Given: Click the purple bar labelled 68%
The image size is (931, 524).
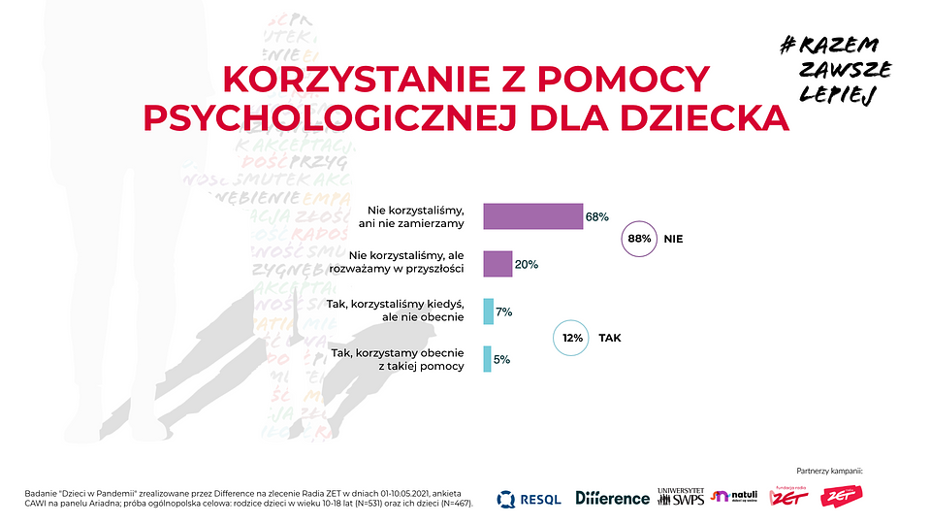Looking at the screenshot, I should pyautogui.click(x=532, y=216).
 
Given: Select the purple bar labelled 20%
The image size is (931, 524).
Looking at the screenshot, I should pyautogui.click(x=498, y=264).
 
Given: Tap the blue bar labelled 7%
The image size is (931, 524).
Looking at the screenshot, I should pyautogui.click(x=488, y=311).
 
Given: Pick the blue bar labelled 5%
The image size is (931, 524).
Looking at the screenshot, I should pyautogui.click(x=487, y=359).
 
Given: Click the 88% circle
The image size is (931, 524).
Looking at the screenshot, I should pyautogui.click(x=638, y=238).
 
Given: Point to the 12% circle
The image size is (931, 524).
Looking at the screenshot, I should pyautogui.click(x=571, y=339).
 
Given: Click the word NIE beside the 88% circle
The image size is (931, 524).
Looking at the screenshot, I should pyautogui.click(x=674, y=238).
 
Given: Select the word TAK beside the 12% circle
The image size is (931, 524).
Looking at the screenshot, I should pyautogui.click(x=610, y=339).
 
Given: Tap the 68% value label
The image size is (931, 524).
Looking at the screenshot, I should pyautogui.click(x=596, y=216).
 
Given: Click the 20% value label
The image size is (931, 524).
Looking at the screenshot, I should pyautogui.click(x=527, y=264).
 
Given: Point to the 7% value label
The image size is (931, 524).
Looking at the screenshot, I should pyautogui.click(x=503, y=311).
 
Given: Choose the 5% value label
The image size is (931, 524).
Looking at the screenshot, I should pyautogui.click(x=501, y=359).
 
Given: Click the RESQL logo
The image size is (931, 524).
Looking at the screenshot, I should pyautogui.click(x=529, y=499).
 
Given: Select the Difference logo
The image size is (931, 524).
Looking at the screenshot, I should pyautogui.click(x=612, y=498).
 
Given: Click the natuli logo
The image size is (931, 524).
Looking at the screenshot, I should pyautogui.click(x=735, y=497).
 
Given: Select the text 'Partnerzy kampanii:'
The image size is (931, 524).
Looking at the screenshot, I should pyautogui.click(x=828, y=471).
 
